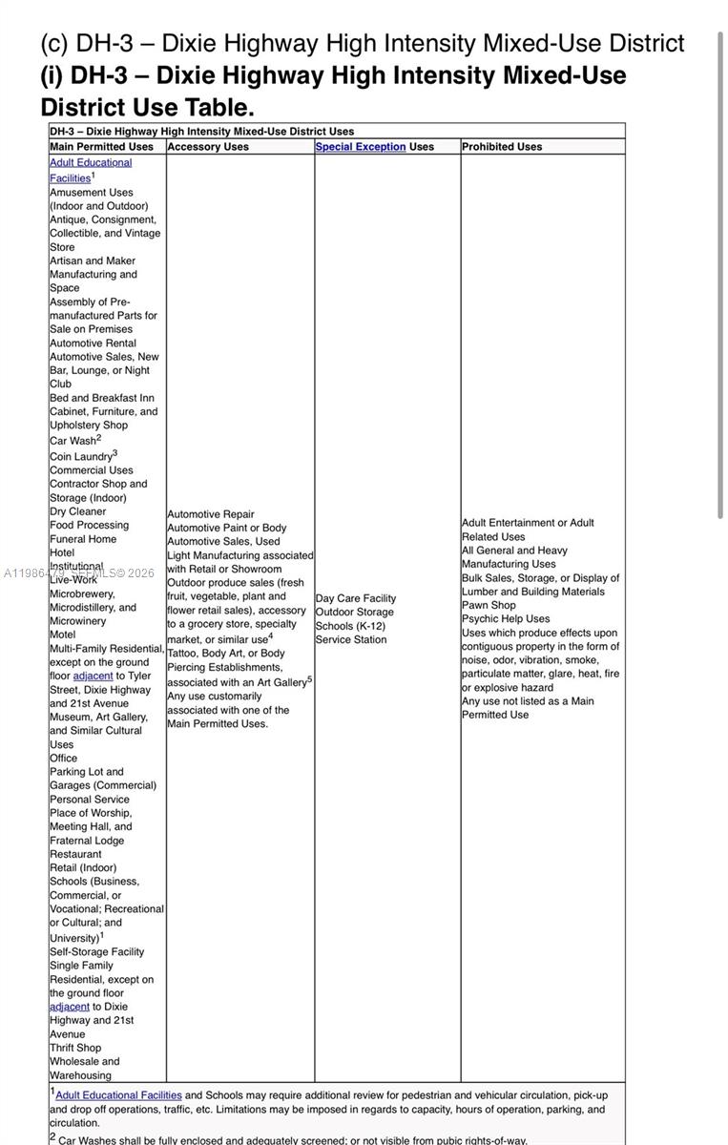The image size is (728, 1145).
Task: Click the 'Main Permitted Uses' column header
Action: click(x=101, y=147)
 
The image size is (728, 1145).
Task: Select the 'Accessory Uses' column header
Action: click(x=208, y=147)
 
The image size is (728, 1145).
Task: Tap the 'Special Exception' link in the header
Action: click(x=361, y=147)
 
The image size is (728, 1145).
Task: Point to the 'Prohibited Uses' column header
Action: click(x=502, y=147)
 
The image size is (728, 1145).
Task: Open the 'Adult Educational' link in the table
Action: click(x=91, y=162)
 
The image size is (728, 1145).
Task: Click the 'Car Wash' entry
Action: click(x=73, y=441)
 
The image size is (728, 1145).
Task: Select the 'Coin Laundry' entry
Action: click(x=81, y=456)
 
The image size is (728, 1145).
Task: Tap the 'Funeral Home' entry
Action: click(x=83, y=539)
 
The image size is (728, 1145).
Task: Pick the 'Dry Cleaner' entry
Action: click(x=78, y=511)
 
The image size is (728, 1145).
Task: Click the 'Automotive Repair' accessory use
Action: click(x=211, y=514)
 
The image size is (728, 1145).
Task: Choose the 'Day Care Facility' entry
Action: click(x=356, y=598)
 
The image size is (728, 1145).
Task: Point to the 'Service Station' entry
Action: click(x=351, y=639)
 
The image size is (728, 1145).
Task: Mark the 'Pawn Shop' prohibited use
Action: click(x=489, y=605)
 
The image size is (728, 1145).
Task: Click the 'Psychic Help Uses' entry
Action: click(x=506, y=618)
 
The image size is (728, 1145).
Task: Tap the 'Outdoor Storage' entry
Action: click(x=354, y=612)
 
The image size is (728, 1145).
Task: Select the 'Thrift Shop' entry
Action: click(x=75, y=1048)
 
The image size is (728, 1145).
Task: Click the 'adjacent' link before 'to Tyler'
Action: click(x=93, y=676)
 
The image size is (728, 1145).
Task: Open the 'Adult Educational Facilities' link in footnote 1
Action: click(x=118, y=1095)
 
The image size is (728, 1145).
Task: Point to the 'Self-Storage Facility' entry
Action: click(x=97, y=951)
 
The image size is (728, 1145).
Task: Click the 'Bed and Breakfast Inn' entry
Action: click(x=102, y=398)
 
